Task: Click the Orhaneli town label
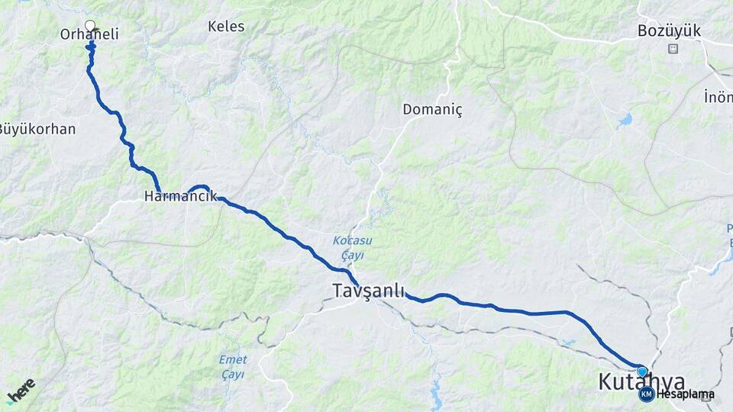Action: [x=90, y=34]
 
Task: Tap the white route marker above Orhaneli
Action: [x=91, y=25]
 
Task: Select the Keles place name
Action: [x=226, y=27]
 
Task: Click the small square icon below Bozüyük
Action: [x=673, y=49]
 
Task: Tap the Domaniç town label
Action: [x=433, y=110]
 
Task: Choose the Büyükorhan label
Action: [x=37, y=129]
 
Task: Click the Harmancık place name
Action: [x=176, y=196]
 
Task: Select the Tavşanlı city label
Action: [x=369, y=290]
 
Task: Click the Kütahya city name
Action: [x=641, y=381]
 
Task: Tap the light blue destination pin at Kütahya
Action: [x=642, y=372]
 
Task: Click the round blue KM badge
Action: [x=646, y=394]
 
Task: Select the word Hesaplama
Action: [x=686, y=394]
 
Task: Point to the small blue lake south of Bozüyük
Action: [x=625, y=120]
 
